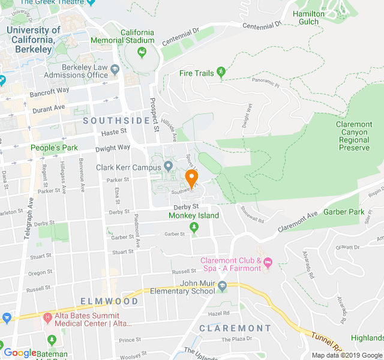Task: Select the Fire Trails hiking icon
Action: click(x=221, y=73)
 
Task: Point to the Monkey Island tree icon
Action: click(x=193, y=227)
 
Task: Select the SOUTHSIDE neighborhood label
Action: click(x=116, y=121)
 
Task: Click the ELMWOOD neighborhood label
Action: click(x=110, y=301)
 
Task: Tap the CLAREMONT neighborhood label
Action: click(x=235, y=328)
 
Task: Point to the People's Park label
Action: click(x=55, y=148)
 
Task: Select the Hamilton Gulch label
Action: click(x=309, y=17)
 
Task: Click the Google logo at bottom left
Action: click(x=20, y=353)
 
